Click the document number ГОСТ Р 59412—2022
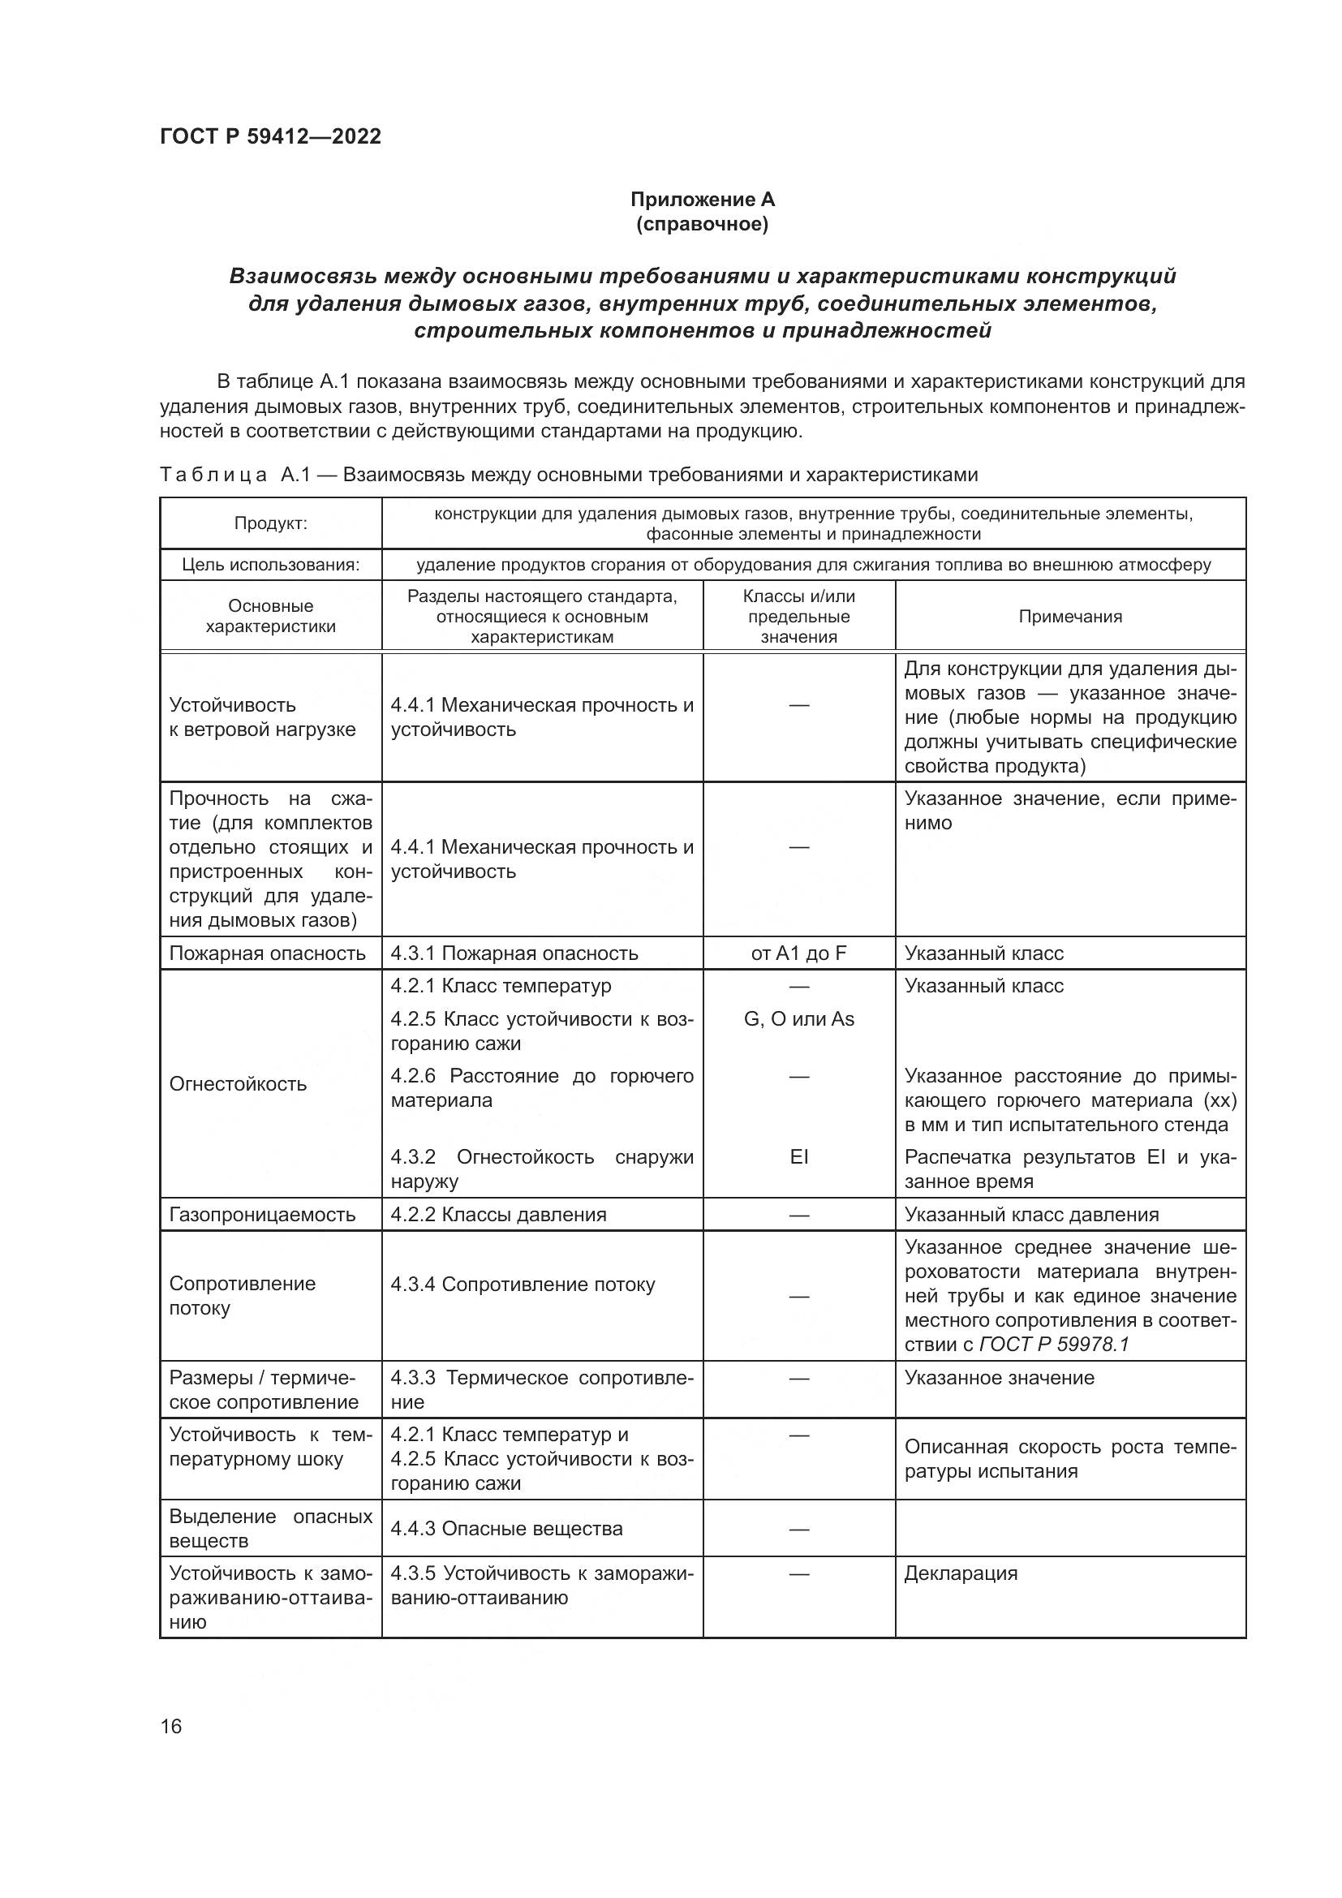[x=270, y=136]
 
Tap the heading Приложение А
[x=702, y=200]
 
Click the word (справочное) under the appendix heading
[x=702, y=224]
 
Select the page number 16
[x=171, y=1726]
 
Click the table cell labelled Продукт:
[x=270, y=523]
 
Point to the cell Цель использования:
[x=270, y=565]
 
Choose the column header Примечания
[x=1069, y=616]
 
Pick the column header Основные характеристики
[x=270, y=616]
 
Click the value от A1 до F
[x=798, y=953]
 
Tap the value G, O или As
[x=798, y=1018]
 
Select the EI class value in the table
[x=798, y=1156]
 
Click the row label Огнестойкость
[x=238, y=1084]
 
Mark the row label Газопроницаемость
[x=262, y=1215]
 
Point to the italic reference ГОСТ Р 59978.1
[x=1054, y=1344]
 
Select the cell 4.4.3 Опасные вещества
[x=506, y=1529]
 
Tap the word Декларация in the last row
[x=960, y=1573]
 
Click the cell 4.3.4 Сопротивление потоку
[x=523, y=1284]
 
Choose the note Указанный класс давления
[x=1031, y=1215]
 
